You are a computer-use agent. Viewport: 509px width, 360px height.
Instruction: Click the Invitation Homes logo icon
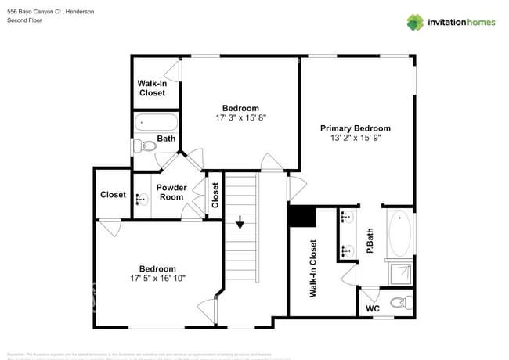coord(415,22)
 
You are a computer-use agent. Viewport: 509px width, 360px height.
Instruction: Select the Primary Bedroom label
coord(355,128)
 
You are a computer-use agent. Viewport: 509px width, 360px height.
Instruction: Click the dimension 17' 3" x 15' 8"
coord(240,119)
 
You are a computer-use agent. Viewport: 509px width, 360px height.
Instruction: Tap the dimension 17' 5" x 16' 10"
coord(157,279)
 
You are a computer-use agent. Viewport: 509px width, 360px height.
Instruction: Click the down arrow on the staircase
coord(240,223)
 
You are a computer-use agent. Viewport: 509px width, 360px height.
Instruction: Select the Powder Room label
coord(171,193)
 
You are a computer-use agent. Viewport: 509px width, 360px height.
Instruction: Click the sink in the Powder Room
coord(141,199)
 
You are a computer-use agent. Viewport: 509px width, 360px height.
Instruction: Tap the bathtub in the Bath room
coord(157,123)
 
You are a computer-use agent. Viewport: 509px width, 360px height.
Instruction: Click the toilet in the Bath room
coord(143,146)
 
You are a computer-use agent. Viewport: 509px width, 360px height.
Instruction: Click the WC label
coord(374,309)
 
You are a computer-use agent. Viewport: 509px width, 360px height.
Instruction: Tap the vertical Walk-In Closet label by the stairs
coord(312,268)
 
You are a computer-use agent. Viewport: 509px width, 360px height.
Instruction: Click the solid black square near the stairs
coord(301,216)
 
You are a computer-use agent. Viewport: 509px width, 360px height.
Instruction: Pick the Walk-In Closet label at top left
coord(152,88)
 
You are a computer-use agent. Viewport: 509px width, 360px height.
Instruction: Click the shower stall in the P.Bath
coord(400,273)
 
